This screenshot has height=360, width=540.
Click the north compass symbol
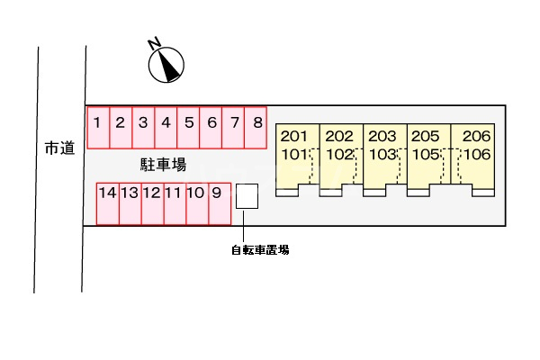pos(166,64)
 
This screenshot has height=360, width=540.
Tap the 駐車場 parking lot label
pos(163,164)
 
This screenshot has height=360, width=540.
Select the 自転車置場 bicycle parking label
pos(260,250)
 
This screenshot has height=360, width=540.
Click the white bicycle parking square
pos(247,197)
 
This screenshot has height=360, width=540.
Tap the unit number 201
pos(294,136)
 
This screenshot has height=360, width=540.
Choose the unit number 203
pos(382,136)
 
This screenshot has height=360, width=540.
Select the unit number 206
pos(476,136)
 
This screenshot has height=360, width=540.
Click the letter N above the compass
pos(154,41)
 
